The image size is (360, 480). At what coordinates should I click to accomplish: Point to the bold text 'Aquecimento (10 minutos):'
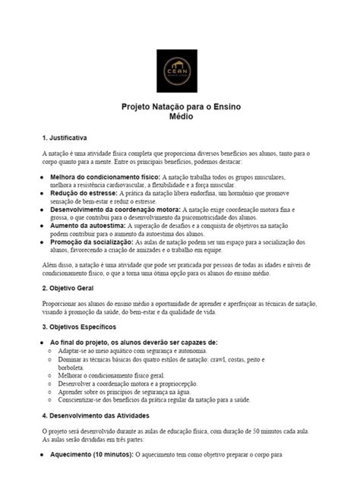click(x=91, y=455)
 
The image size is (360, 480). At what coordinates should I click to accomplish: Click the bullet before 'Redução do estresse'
click(x=41, y=194)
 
